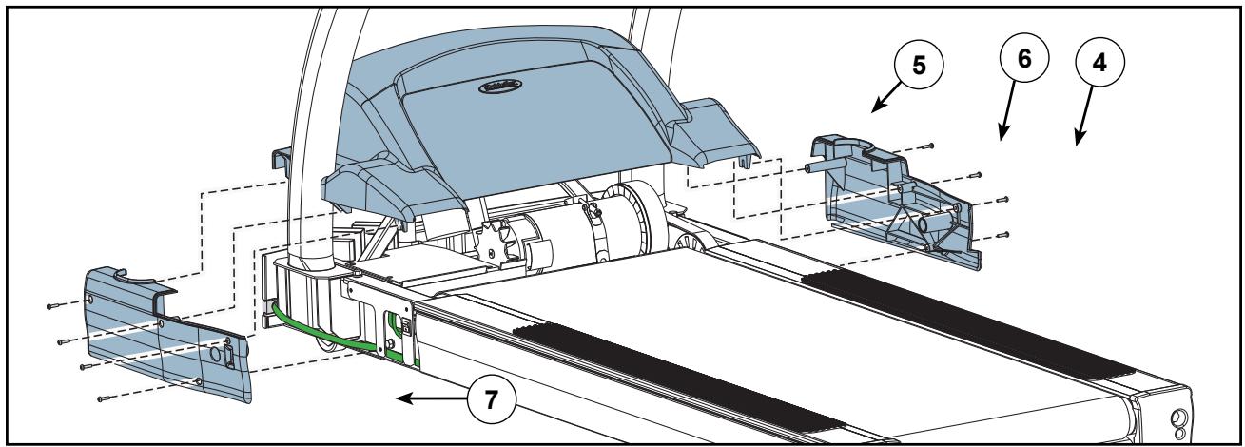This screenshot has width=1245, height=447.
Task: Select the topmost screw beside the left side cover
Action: [49, 306]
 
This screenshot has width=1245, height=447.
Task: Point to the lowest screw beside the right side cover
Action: [1002, 234]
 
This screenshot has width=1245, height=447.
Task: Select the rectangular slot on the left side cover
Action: [228, 359]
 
